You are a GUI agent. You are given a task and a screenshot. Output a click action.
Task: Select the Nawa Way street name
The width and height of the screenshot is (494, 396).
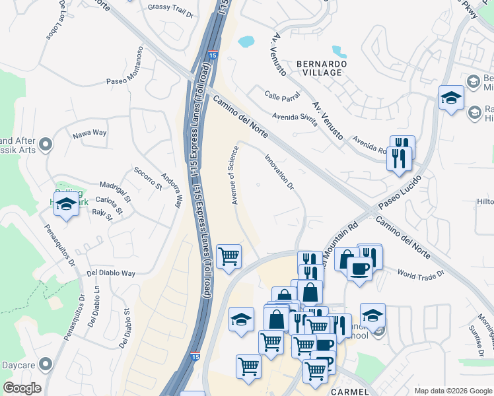tap(90, 133)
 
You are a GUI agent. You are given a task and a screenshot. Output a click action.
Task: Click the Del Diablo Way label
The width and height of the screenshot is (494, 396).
tap(111, 273)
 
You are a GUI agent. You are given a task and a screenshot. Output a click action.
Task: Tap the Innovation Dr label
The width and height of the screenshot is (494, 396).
tap(278, 172)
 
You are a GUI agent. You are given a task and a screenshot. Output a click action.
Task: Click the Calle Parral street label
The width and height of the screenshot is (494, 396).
tap(282, 96)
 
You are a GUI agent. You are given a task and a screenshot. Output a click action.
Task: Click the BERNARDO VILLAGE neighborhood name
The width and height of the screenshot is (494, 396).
tap(322, 67)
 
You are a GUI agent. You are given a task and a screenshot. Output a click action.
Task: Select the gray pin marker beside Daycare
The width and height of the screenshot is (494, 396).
tap(46, 364)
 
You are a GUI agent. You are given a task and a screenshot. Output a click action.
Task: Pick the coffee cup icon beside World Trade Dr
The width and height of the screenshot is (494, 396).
tap(359, 269)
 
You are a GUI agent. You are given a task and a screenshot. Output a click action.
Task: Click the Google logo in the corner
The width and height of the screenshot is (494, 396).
tap(22, 388)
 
